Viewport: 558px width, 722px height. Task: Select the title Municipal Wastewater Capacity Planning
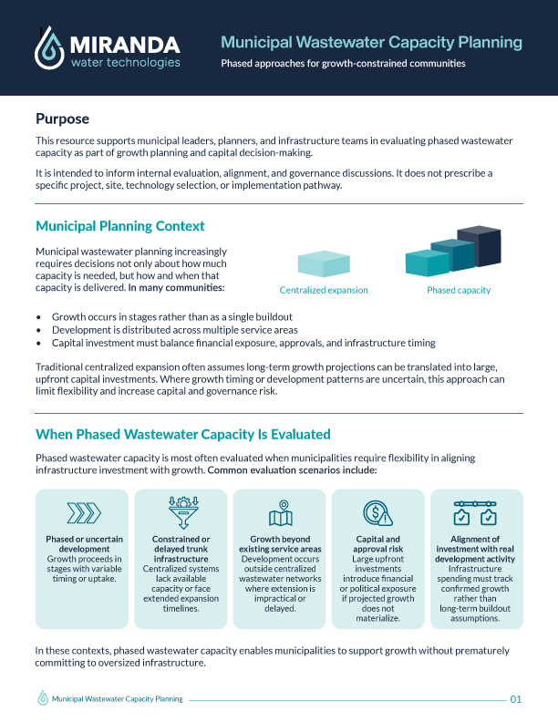pos(371,42)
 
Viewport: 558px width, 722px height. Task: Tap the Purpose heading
pos(62,119)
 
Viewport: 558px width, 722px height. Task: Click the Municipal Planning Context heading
pos(119,226)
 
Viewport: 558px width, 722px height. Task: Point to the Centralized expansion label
pos(324,290)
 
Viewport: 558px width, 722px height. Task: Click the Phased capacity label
pos(459,290)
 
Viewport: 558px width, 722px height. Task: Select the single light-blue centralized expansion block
pos(324,263)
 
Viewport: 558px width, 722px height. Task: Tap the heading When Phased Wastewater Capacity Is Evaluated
pos(182,434)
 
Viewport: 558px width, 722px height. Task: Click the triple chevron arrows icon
pos(84,513)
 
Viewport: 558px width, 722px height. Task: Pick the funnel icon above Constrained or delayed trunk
pos(181,511)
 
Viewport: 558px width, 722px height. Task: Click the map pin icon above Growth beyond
pos(280,513)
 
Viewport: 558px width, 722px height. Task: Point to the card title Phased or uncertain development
pos(84,545)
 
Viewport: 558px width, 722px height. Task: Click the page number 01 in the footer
pos(516,699)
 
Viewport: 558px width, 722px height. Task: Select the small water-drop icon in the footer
pos(42,698)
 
